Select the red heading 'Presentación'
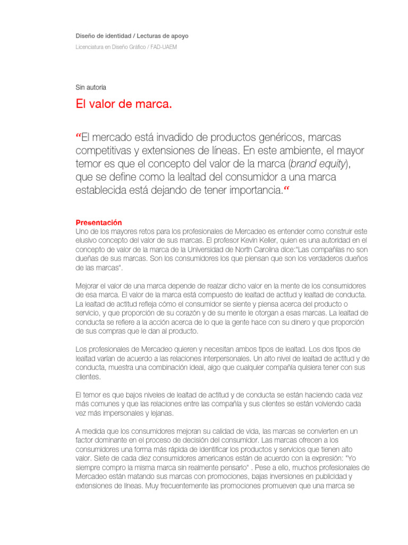[x=99, y=222]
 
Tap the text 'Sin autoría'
[x=91, y=87]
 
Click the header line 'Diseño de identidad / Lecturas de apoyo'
[x=132, y=36]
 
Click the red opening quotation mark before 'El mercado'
[x=79, y=136]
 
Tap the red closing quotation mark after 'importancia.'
[x=287, y=189]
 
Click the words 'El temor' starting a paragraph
[x=89, y=395]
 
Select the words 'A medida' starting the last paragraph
[x=91, y=431]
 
